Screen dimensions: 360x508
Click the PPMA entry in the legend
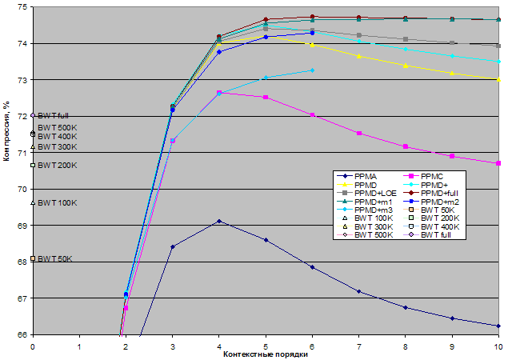[x=369, y=175]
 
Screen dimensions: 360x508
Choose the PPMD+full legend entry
[x=441, y=194]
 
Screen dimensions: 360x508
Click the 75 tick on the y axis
[x=22, y=7]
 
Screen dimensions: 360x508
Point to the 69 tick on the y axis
[x=22, y=226]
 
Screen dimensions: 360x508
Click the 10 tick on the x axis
[x=498, y=346]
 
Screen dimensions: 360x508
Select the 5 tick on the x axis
[x=266, y=346]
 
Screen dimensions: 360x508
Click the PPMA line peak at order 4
[x=219, y=221]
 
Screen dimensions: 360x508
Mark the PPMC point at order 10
[x=498, y=163]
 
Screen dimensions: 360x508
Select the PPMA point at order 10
[x=498, y=326]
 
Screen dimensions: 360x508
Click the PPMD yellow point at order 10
[x=498, y=79]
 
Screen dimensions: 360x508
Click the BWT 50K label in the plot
[x=55, y=259]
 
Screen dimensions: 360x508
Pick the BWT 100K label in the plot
[x=57, y=203]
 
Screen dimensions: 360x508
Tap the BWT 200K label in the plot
[x=57, y=166]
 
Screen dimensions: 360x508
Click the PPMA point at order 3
[x=173, y=246]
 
